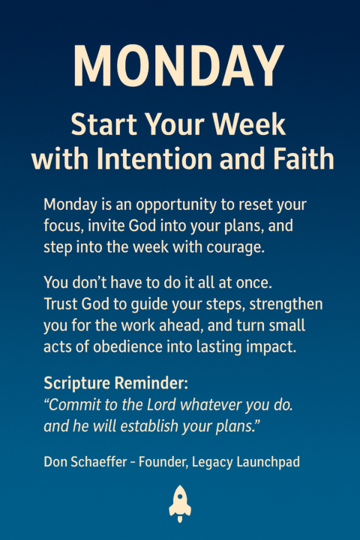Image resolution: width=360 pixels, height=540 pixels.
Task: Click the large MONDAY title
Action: click(179, 66)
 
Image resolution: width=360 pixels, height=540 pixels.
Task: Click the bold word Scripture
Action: click(75, 383)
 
